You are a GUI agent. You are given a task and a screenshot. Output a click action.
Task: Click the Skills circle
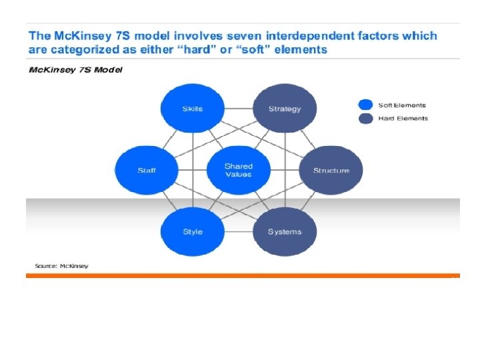click(192, 109)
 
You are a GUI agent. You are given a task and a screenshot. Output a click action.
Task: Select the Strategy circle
click(285, 109)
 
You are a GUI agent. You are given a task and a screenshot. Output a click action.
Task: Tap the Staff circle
click(147, 171)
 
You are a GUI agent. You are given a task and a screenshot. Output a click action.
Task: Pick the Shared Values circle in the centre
click(238, 171)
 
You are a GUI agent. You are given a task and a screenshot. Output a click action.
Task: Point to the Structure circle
click(331, 171)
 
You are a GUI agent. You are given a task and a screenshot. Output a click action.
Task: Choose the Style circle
click(192, 232)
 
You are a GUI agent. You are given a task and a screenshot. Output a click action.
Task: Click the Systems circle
click(285, 232)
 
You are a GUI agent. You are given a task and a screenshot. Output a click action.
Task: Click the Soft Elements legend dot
click(365, 105)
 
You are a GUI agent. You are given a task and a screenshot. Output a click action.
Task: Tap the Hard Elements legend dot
click(365, 119)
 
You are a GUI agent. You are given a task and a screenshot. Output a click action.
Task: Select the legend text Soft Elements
click(402, 105)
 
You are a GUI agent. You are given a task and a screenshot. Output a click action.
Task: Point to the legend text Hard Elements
click(403, 119)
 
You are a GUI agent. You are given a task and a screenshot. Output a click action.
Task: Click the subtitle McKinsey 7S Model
click(75, 70)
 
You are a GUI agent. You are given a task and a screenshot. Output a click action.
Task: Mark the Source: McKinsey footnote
click(61, 266)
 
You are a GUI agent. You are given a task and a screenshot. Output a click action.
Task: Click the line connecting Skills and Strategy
click(238, 109)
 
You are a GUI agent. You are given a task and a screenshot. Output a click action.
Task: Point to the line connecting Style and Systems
click(238, 232)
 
